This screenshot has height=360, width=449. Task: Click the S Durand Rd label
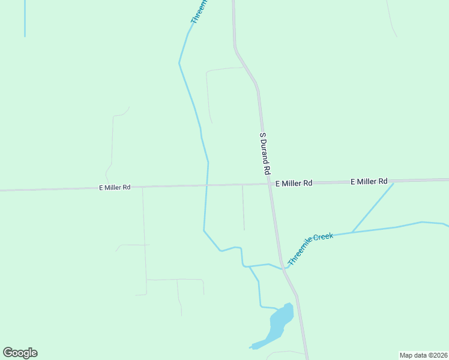pyautogui.click(x=265, y=154)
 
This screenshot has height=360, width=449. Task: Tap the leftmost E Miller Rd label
pyautogui.click(x=115, y=187)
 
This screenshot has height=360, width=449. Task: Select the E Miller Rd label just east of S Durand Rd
pyautogui.click(x=294, y=183)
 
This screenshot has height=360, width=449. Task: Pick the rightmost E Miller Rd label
pyautogui.click(x=369, y=181)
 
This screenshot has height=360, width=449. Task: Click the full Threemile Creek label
pyautogui.click(x=310, y=249)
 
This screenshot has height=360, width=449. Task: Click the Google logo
pyautogui.click(x=20, y=353)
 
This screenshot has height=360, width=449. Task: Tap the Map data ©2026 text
pyautogui.click(x=423, y=355)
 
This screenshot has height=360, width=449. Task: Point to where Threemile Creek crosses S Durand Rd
pyautogui.click(x=282, y=268)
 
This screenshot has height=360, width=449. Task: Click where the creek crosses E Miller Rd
pyautogui.click(x=206, y=185)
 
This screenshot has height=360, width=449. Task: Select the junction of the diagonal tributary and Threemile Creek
pyautogui.click(x=352, y=232)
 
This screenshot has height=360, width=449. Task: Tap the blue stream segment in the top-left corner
pyautogui.click(x=25, y=18)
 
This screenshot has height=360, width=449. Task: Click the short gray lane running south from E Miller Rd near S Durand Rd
pyautogui.click(x=243, y=207)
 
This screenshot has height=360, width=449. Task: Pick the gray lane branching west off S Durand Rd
pyautogui.click(x=223, y=70)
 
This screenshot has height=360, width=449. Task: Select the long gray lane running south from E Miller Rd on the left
pyautogui.click(x=144, y=240)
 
